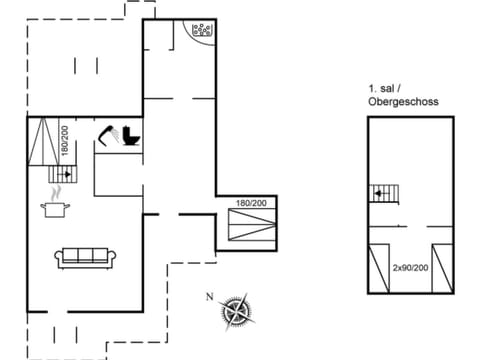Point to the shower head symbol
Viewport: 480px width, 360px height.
coord(107,132)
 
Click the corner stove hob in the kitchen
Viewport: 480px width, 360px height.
coord(203,31)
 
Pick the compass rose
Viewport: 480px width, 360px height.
coord(236,310)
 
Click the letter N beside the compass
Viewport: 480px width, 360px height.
coord(209,296)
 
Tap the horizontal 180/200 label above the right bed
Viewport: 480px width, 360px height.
coord(252,204)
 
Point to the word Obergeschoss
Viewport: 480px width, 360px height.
coord(403,102)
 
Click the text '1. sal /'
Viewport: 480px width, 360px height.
coord(384,88)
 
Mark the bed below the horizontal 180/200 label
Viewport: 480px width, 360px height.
coord(251,227)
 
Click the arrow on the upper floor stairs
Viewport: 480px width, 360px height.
coord(380,192)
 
